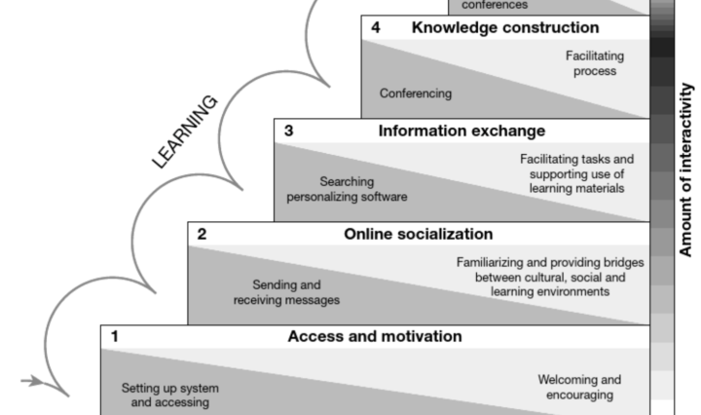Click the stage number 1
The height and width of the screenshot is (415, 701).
point(115,337)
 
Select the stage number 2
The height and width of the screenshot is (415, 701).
point(203,234)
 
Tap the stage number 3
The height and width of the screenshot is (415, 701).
point(289,131)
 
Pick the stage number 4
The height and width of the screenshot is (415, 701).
point(376,27)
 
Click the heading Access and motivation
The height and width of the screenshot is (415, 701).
point(374,337)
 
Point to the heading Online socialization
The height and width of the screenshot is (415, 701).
point(418,234)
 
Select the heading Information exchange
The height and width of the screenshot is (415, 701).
point(461,131)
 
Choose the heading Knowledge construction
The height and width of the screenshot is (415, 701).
point(504,27)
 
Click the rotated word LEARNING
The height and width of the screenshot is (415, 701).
point(185,132)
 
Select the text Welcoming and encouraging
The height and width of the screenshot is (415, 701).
point(579,387)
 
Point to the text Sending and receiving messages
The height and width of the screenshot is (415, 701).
point(286,291)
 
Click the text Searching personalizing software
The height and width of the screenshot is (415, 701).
point(346,188)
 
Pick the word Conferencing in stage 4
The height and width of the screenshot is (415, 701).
point(416,94)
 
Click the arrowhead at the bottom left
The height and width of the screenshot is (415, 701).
point(38,381)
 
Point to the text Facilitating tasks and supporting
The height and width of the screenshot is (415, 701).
point(576,172)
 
